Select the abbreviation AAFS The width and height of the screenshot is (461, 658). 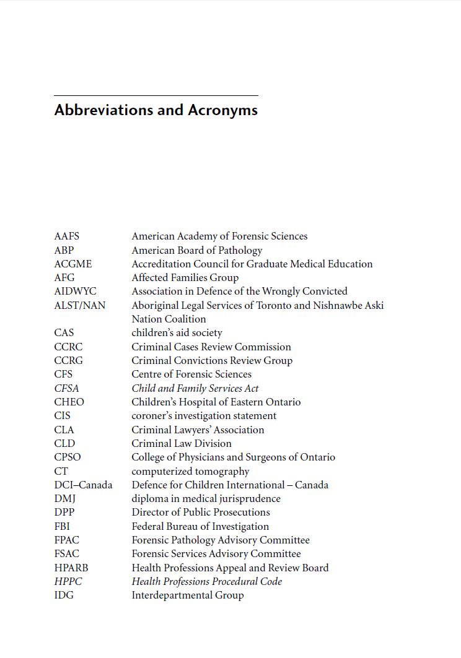coord(67,236)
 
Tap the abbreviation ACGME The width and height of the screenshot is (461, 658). coord(73,264)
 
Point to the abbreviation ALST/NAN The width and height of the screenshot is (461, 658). coord(80,305)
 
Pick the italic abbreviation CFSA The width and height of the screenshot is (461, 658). coord(67,389)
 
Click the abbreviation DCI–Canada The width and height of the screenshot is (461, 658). coord(84,485)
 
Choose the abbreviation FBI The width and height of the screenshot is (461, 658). coord(62,527)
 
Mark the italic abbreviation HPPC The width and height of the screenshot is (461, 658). coord(68,582)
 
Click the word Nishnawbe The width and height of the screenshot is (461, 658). coord(338,305)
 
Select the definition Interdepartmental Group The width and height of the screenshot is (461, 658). coord(188,595)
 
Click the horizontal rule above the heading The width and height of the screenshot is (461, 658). coord(156,96)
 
